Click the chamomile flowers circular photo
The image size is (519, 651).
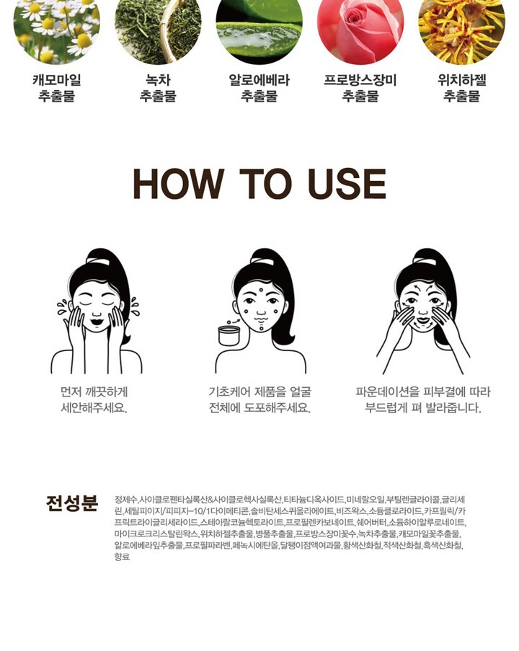coord(56,28)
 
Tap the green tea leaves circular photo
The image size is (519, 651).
coord(158,28)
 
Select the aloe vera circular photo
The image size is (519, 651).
coord(259,28)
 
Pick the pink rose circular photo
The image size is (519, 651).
coord(360,28)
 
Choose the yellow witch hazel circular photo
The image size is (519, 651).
coord(462,28)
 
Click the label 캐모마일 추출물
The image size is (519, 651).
coord(56,88)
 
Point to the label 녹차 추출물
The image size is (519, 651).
coord(158,88)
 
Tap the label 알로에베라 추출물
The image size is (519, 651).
coord(259,88)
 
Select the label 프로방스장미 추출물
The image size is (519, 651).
coord(360,88)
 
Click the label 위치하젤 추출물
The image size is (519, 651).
coord(462,88)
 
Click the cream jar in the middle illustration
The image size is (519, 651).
coord(229,335)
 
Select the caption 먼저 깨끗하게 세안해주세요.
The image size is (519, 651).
coord(94,400)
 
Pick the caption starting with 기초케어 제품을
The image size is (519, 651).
coord(259,400)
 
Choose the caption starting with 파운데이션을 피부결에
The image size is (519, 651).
coord(423,400)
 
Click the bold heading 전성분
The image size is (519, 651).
coord(72,503)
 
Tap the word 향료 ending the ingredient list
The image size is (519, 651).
coord(122,557)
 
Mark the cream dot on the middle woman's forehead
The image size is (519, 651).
coord(260,291)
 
